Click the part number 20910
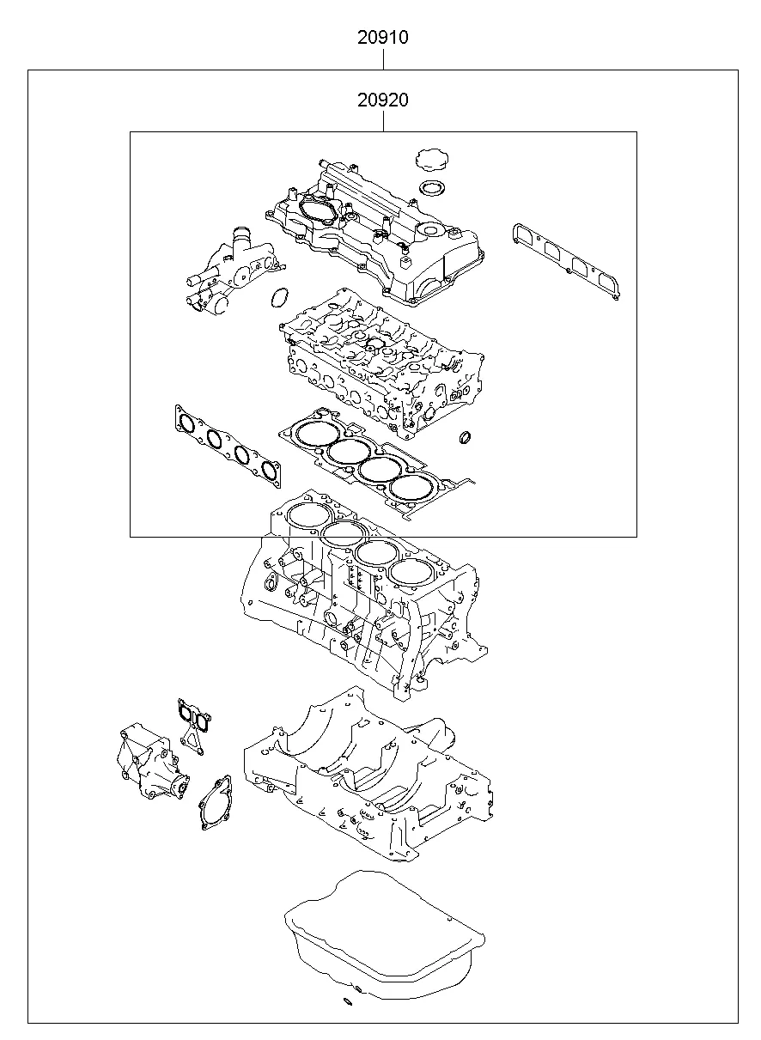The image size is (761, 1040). pyautogui.click(x=383, y=38)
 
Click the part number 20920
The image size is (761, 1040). pyautogui.click(x=383, y=100)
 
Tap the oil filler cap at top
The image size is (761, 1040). pyautogui.click(x=429, y=161)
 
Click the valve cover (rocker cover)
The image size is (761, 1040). pyautogui.click(x=378, y=232)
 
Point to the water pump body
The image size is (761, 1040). pyautogui.click(x=148, y=759)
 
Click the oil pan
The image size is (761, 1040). pyautogui.click(x=382, y=936)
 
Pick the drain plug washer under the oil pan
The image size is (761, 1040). pyautogui.click(x=347, y=1001)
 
